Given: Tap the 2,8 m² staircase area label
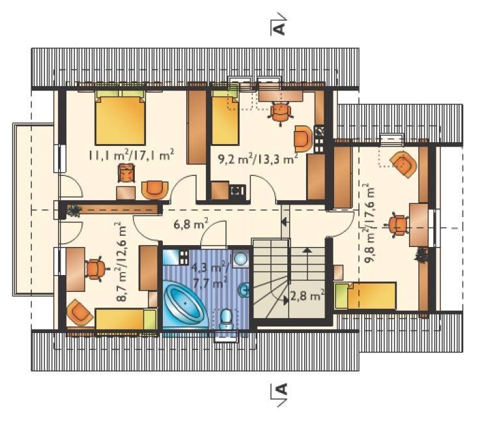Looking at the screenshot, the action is (x=306, y=296).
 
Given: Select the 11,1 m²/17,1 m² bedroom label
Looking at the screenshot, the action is (x=132, y=154).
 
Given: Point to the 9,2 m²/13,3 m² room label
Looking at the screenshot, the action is (x=257, y=159).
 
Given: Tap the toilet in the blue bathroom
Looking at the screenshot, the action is (x=226, y=319).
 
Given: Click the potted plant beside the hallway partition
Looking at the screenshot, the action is (x=74, y=211).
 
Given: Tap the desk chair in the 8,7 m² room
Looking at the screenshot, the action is (x=97, y=268).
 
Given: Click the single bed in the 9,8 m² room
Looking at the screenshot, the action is (x=365, y=296).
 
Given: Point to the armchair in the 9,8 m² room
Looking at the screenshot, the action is (x=404, y=164).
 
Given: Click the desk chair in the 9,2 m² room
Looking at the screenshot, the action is (x=280, y=113).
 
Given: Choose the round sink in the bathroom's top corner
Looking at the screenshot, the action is (x=240, y=258).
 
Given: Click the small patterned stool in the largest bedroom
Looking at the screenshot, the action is (x=126, y=173).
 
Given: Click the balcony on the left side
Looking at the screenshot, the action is (x=33, y=209).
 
